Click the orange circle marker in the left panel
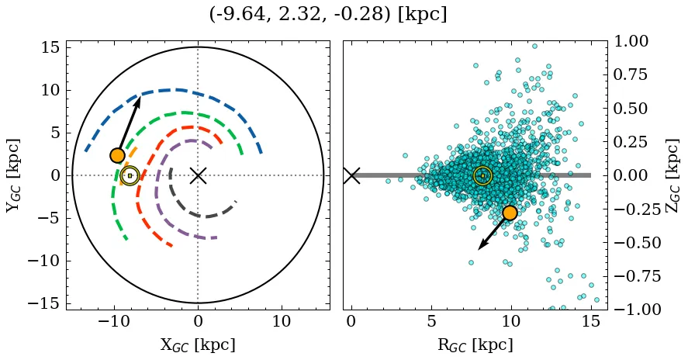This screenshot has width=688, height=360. (117, 155)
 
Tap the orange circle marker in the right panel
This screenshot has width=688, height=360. (510, 213)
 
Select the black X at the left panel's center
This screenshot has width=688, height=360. (198, 175)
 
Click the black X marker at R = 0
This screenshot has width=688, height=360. (351, 175)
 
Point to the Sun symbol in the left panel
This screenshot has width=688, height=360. (130, 176)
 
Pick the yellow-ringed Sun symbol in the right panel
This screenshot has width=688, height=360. (482, 176)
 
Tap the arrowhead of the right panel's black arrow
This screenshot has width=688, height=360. (481, 246)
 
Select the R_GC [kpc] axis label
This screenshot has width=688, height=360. (475, 344)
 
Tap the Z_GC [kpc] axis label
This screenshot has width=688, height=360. (672, 175)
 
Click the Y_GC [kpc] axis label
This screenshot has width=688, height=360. (14, 175)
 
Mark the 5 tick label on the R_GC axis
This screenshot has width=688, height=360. (431, 321)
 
